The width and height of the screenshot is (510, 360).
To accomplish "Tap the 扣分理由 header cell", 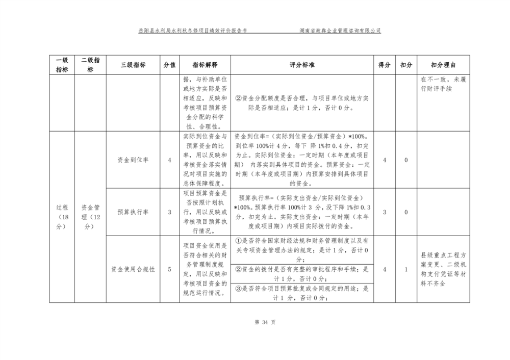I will point(443,65).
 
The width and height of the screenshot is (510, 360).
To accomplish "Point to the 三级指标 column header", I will point(133,65).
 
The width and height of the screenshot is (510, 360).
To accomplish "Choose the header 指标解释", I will point(205,65).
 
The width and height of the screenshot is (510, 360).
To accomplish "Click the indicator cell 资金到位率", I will point(133,160).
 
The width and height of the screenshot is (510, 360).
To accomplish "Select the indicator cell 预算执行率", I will point(133,212).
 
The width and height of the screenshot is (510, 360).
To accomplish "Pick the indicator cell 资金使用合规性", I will point(133,269).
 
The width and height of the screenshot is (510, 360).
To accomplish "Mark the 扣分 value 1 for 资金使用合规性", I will point(406,269).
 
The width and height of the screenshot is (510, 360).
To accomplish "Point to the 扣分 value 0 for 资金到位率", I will point(406,160).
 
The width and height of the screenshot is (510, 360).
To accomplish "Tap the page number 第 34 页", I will point(254,322).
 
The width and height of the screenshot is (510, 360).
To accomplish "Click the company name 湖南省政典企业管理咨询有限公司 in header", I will point(340,31).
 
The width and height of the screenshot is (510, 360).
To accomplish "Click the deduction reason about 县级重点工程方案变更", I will point(443,269).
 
